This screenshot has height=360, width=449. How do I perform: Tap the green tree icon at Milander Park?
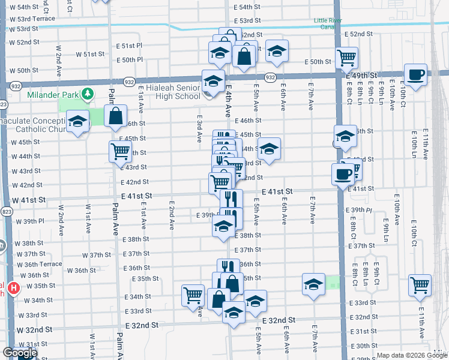click(88, 94)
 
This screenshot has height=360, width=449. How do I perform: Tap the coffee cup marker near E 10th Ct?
click(415, 75)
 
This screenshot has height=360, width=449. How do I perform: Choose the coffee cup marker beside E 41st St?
click(343, 174)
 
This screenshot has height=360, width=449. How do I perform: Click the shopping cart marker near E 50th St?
click(346, 58)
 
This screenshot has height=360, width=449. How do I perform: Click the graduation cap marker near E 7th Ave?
click(313, 284)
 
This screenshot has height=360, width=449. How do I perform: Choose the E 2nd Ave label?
click(172, 217)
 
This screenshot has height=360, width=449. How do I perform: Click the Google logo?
click(20, 353)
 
